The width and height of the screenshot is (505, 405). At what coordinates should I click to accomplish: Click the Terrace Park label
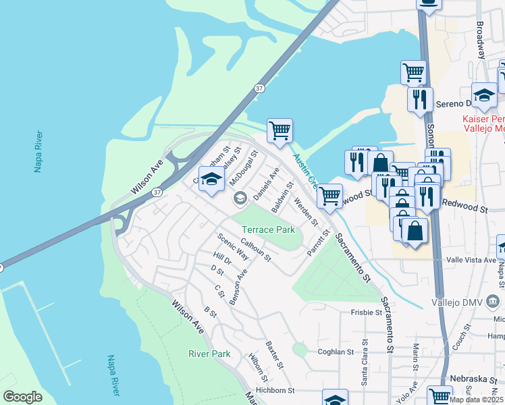[269, 230]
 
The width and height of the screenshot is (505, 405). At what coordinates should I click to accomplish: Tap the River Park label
[209, 354]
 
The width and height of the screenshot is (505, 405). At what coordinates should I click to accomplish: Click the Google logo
[22, 396]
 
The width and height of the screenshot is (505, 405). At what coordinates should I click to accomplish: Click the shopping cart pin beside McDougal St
[280, 130]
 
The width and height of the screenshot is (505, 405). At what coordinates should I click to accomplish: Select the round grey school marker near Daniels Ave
[239, 198]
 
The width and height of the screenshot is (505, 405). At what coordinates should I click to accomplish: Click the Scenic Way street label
[233, 246]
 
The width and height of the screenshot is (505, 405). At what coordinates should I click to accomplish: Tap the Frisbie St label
[366, 313]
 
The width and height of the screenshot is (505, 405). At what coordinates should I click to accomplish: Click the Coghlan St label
[336, 352]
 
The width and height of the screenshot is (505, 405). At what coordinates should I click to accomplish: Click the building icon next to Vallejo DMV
[494, 300]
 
